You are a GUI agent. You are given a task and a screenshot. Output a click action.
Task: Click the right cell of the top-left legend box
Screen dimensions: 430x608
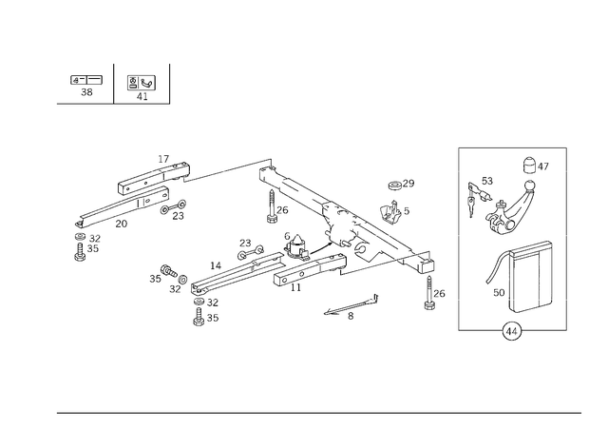point(141,86)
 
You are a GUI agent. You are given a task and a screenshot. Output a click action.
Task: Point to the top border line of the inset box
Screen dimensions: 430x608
point(513,146)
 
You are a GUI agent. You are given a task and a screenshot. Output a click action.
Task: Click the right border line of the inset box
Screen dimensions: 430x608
point(567,238)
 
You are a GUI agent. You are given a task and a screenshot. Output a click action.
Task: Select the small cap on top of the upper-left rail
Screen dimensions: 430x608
point(167,156)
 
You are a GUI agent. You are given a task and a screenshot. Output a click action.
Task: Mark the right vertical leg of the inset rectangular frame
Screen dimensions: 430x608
point(542,276)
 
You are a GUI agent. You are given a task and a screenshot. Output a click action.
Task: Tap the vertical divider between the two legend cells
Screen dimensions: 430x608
point(114,86)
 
